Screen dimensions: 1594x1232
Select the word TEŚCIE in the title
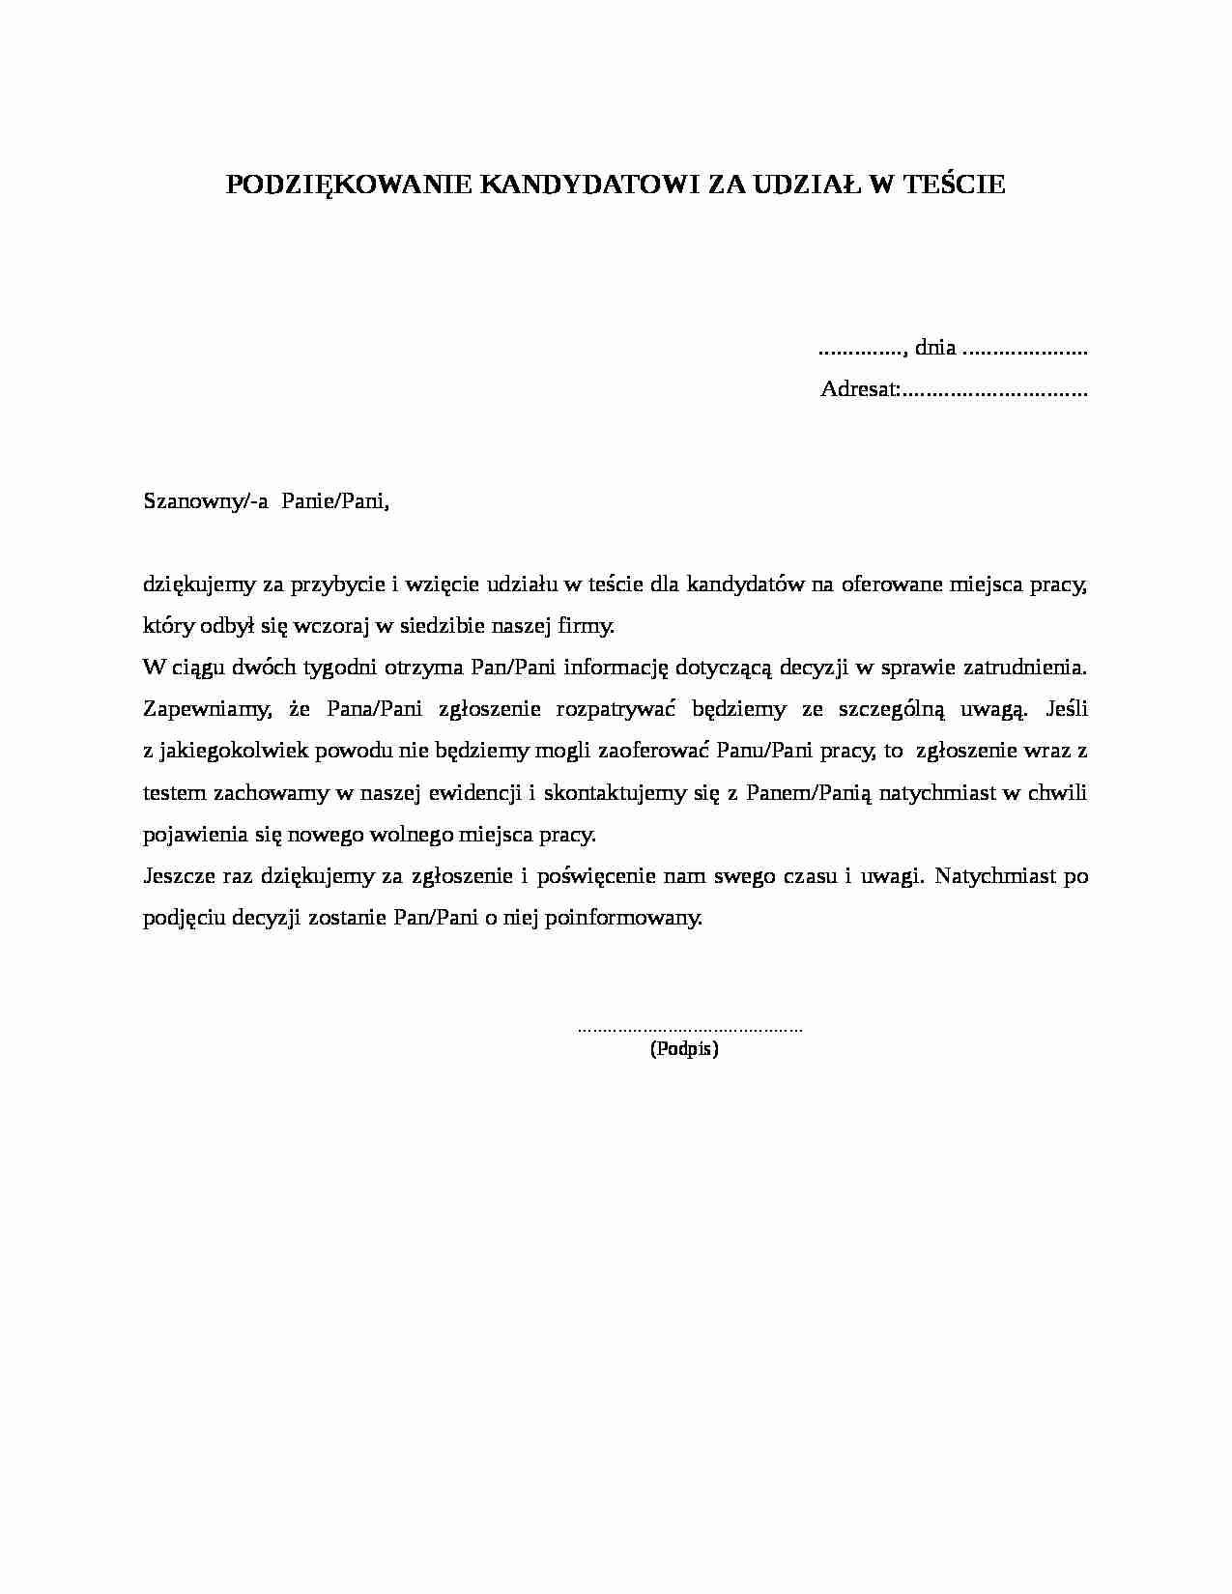[x=953, y=185]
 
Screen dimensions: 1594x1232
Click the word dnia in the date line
[x=935, y=348]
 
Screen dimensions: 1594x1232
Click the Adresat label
[x=860, y=389]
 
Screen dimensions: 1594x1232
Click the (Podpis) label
[x=684, y=1049]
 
